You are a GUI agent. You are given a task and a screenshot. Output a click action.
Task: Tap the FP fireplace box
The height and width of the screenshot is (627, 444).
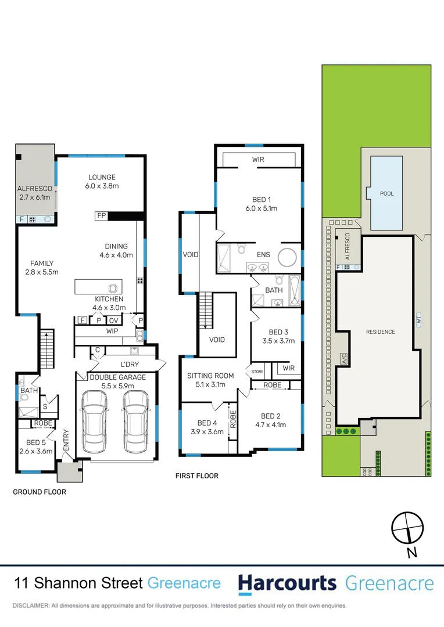click(101, 216)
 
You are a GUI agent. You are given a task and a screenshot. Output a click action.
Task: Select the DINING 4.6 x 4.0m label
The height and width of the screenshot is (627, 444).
click(116, 250)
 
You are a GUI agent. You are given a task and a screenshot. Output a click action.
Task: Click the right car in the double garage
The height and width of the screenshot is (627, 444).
click(135, 421)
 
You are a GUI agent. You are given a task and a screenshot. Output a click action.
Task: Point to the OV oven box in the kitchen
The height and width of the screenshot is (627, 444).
click(113, 320)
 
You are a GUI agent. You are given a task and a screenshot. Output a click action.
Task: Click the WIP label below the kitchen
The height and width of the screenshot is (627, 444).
click(112, 331)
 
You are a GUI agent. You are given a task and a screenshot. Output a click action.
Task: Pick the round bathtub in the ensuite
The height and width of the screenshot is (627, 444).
click(287, 257)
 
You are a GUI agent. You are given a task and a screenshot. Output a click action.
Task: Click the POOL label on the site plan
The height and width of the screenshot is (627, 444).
click(386, 193)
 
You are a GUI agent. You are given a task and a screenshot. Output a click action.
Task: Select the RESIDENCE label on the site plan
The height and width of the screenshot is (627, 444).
click(381, 332)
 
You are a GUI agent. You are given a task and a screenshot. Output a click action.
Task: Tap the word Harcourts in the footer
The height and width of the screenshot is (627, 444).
click(287, 583)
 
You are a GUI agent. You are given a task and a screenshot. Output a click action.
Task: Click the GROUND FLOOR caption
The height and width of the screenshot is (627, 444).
click(40, 492)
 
